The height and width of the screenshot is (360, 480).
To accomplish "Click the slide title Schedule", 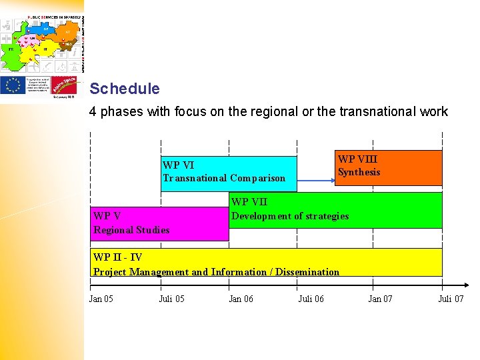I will [125, 89].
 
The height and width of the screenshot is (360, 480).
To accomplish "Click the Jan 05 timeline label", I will [101, 299].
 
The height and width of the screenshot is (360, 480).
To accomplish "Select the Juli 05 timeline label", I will [171, 299].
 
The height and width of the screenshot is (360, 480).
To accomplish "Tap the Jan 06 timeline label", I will [241, 299].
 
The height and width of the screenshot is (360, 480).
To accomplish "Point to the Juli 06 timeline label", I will [311, 299].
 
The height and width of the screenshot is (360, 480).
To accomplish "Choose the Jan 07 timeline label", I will [380, 299].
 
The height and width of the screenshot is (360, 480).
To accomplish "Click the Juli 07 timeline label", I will [451, 299].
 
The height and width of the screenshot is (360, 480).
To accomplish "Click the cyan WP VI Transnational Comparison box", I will [229, 173].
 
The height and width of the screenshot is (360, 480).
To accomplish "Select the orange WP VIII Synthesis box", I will [388, 167].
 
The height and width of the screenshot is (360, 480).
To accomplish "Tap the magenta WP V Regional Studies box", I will [160, 223].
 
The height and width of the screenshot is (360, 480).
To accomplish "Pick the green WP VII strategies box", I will [335, 210].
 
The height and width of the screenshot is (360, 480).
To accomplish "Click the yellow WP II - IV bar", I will [267, 262].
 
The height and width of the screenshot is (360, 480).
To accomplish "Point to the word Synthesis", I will [359, 172].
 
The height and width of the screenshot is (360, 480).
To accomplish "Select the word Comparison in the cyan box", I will [257, 178].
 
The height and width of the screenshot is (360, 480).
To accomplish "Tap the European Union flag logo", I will [13, 85].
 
